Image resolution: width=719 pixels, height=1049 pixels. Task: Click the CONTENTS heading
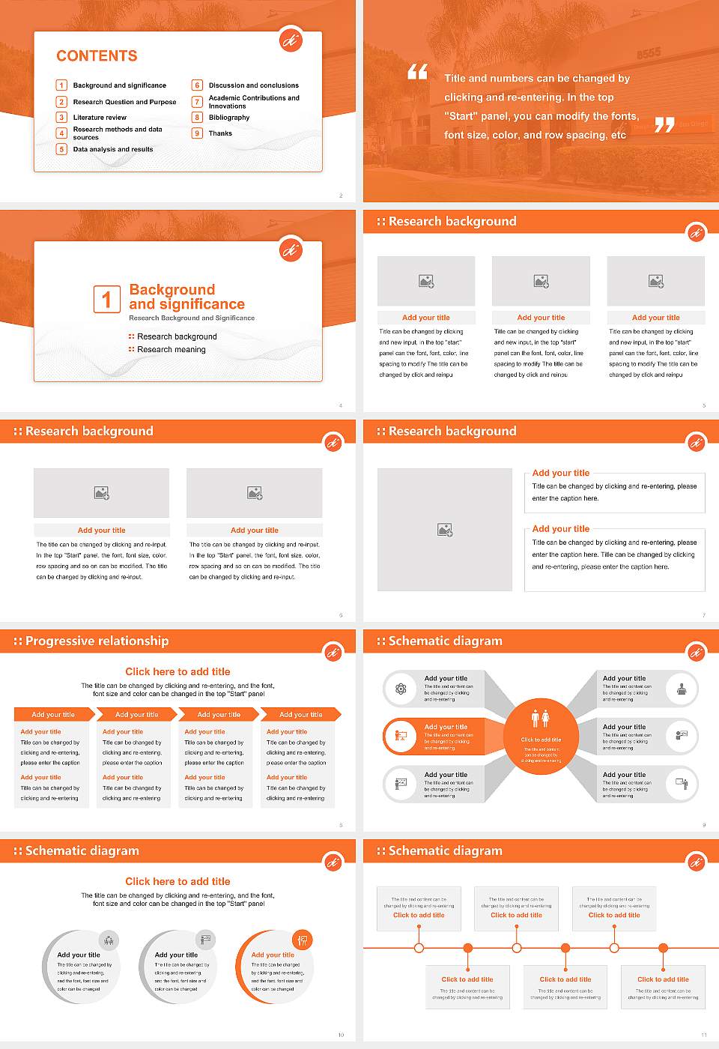[x=97, y=56]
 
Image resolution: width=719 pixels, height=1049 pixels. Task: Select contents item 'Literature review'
[x=100, y=118]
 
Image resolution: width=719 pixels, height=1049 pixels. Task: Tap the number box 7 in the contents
[x=198, y=102]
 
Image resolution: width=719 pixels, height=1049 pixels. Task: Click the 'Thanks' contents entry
[x=220, y=133]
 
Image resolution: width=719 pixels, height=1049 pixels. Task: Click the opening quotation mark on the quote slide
[x=417, y=72]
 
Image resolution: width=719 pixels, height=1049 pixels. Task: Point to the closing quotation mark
[x=664, y=125]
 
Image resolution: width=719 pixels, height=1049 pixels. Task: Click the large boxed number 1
[x=106, y=299]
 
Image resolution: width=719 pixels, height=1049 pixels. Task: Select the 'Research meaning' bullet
[x=171, y=350]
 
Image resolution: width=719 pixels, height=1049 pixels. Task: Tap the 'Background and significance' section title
[x=186, y=297]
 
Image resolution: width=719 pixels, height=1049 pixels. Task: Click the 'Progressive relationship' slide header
[x=97, y=641]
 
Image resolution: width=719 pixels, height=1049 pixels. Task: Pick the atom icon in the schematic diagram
[x=401, y=689]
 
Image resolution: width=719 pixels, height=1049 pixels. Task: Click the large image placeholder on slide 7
[x=445, y=530]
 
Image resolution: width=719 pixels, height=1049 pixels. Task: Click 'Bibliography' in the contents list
[x=229, y=118]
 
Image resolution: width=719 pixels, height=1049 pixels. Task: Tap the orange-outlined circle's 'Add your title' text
[x=273, y=955]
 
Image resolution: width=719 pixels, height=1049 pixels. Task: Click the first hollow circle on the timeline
[x=419, y=948]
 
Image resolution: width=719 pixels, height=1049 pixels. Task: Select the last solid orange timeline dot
[x=663, y=948]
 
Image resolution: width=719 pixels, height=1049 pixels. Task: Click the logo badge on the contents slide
[x=291, y=41]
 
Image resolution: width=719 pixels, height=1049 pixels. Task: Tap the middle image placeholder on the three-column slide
[x=541, y=281]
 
